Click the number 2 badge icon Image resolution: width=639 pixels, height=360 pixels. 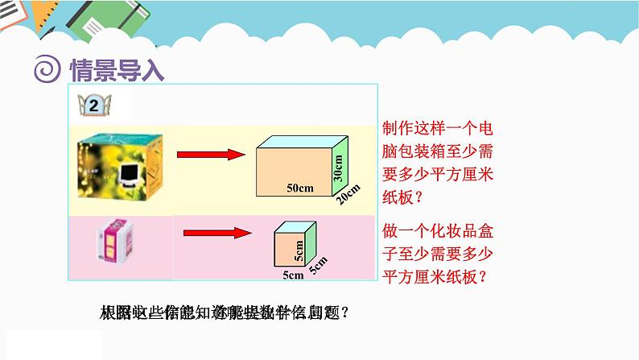point(94,106)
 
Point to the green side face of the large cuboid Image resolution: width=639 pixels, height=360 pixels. point(340,166)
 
